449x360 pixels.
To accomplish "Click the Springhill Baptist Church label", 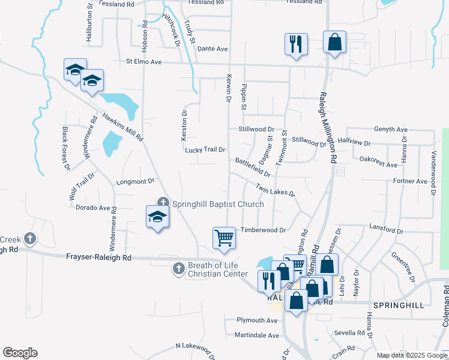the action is coord(218,204).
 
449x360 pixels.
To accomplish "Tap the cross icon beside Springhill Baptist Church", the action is coord(163,203).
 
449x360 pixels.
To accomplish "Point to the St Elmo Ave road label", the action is coord(144,62).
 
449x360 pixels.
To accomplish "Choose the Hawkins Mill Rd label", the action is coord(122,127).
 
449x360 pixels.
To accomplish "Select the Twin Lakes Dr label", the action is coord(276,190).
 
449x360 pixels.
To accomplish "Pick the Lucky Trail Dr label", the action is coord(205,150).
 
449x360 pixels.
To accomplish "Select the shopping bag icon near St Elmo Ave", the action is coord(335,42).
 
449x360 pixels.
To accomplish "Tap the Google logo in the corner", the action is coord(20,353).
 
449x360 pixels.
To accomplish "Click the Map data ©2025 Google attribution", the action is coord(411,355).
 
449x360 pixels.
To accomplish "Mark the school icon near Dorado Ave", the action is coord(157,217).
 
